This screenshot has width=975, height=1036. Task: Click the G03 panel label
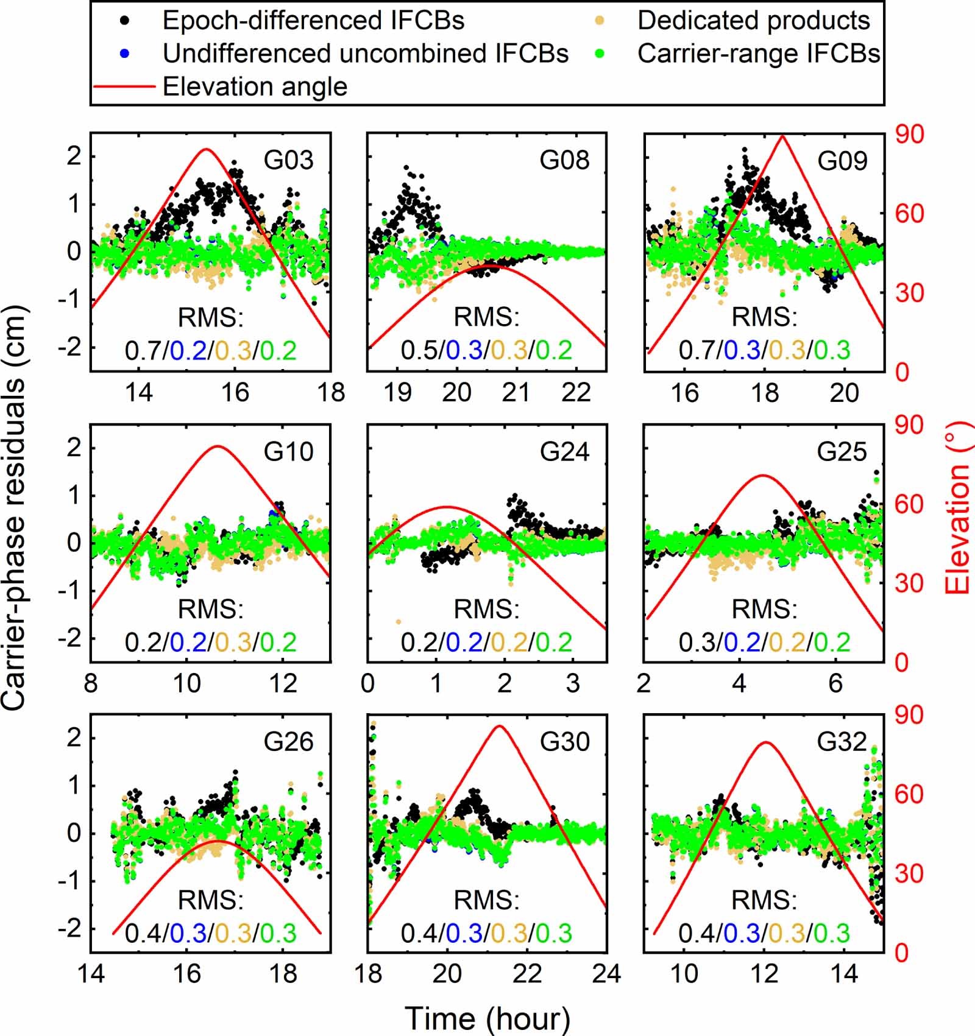[288, 160]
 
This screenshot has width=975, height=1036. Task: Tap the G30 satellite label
[565, 742]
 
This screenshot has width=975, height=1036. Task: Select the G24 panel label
[565, 452]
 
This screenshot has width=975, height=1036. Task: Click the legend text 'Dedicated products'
[753, 21]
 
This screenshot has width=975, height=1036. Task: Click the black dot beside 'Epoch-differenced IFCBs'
[125, 21]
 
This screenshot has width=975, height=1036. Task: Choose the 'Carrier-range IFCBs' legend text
[759, 54]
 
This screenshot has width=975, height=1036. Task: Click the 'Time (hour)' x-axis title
[487, 1018]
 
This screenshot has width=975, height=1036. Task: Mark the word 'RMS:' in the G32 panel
[764, 900]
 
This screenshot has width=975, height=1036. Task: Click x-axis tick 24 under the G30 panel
[606, 974]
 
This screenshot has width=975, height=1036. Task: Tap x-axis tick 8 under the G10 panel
[91, 683]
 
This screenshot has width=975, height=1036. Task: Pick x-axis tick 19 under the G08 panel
[397, 393]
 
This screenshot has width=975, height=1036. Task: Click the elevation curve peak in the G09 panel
[783, 136]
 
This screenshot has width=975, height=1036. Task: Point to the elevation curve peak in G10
[218, 446]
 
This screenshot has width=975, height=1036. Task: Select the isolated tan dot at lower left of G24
[399, 622]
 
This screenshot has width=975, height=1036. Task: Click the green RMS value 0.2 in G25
[832, 643]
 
